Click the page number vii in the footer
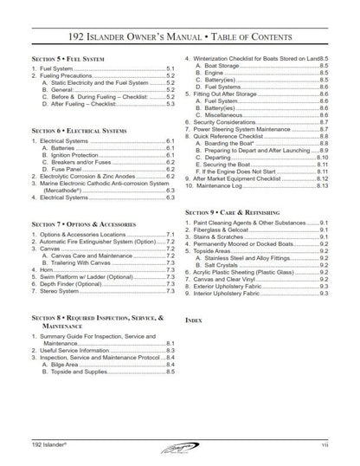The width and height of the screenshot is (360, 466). point(321,443)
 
